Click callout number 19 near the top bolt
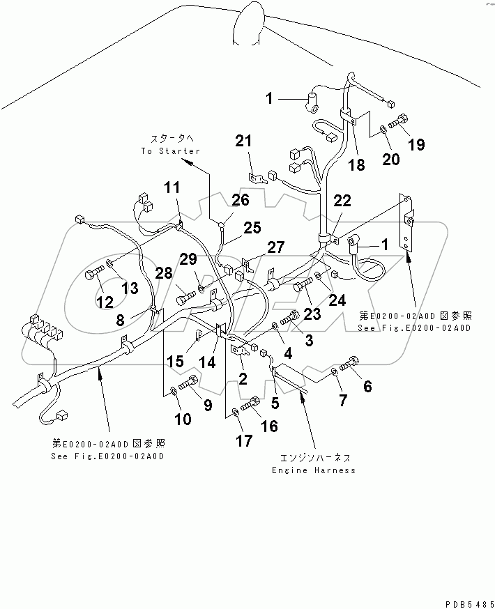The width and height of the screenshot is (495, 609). point(416,145)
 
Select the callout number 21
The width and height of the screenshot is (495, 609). point(243,142)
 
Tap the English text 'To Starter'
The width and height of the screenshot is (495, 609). point(170,151)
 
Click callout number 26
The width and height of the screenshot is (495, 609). point(240,201)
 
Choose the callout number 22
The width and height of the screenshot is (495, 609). point(342,201)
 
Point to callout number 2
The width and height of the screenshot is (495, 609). point(243,378)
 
